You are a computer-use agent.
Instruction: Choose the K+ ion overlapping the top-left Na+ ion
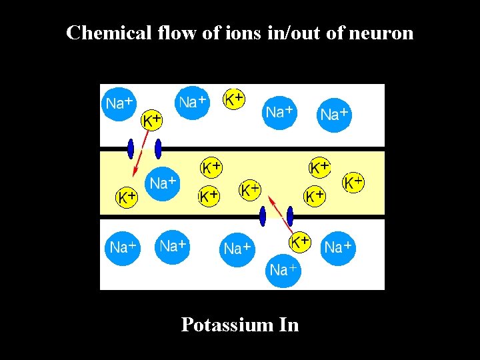(x=153, y=120)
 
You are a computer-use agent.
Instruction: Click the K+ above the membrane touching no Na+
(x=234, y=99)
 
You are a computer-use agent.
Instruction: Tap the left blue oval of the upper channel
(x=131, y=147)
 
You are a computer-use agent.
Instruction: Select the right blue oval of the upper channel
(x=158, y=147)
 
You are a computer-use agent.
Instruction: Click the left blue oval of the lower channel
(x=263, y=216)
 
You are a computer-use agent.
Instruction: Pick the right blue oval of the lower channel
(x=290, y=216)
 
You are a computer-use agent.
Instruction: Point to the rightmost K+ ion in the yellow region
(x=353, y=181)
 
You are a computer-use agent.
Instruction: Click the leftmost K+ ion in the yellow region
(x=127, y=197)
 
